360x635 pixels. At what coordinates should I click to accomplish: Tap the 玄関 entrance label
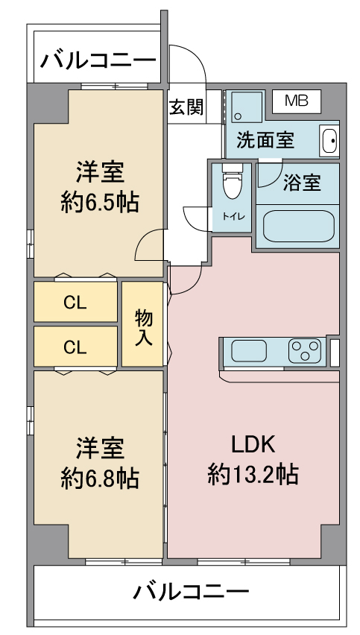pyautogui.click(x=185, y=107)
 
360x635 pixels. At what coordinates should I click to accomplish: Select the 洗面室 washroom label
pyautogui.click(x=265, y=140)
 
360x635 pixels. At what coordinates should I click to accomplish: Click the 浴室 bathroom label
pyautogui.click(x=302, y=183)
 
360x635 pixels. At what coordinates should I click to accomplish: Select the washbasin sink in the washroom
pyautogui.click(x=328, y=139)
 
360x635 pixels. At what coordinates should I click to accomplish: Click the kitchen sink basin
pyautogui.click(x=254, y=350)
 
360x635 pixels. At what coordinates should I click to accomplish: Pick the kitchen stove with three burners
pyautogui.click(x=305, y=350)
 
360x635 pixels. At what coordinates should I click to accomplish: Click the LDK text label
pyautogui.click(x=253, y=445)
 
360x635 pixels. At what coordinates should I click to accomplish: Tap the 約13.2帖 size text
pyautogui.click(x=253, y=474)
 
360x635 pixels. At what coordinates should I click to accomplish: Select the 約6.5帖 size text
pyautogui.click(x=99, y=202)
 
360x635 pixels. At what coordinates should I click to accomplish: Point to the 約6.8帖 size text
pyautogui.click(x=99, y=477)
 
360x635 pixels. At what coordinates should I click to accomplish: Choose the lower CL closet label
pyautogui.click(x=75, y=347)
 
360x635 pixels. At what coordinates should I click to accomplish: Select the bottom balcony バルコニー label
pyautogui.click(x=190, y=593)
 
